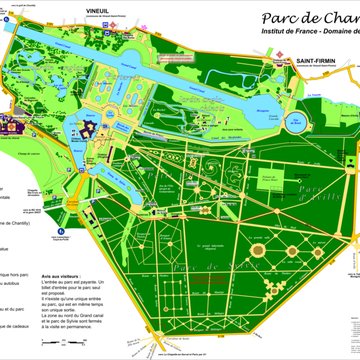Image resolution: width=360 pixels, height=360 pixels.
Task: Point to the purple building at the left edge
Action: (x=10, y=126)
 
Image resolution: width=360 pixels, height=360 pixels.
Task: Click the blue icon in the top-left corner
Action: (x=6, y=9)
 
